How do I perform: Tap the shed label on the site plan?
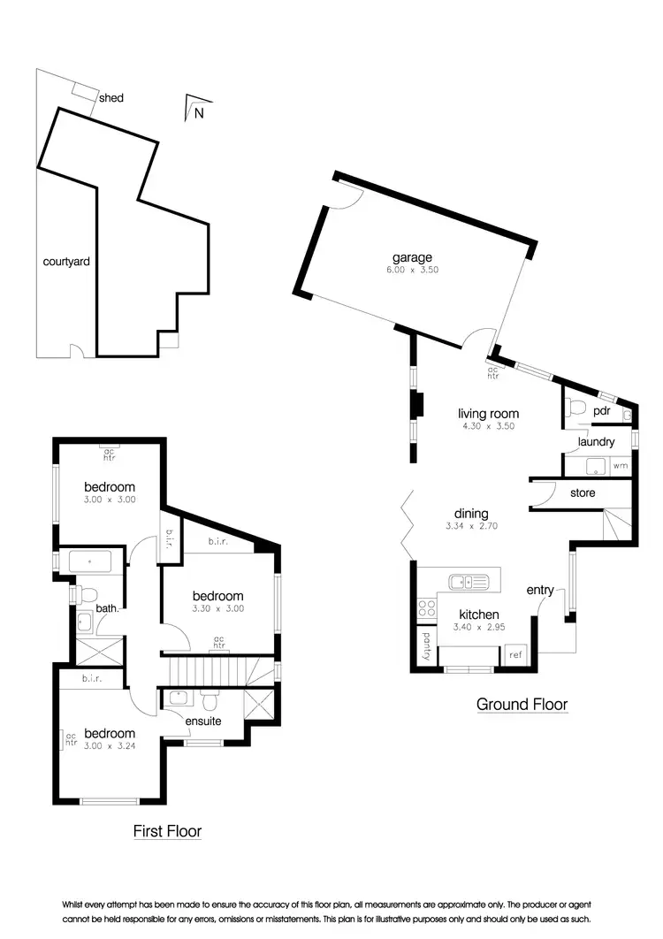click(111, 97)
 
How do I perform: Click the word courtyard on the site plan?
click(67, 262)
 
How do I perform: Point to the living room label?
click(488, 413)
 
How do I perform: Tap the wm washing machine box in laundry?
click(621, 465)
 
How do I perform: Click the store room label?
click(583, 492)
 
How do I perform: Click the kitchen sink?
click(468, 582)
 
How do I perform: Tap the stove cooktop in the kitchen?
click(427, 608)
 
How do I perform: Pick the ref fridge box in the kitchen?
click(514, 655)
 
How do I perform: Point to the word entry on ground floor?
click(540, 590)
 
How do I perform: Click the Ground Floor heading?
click(522, 705)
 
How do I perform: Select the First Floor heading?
click(167, 831)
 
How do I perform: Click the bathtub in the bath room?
click(89, 562)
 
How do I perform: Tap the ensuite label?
click(202, 721)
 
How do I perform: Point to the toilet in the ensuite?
click(210, 700)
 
